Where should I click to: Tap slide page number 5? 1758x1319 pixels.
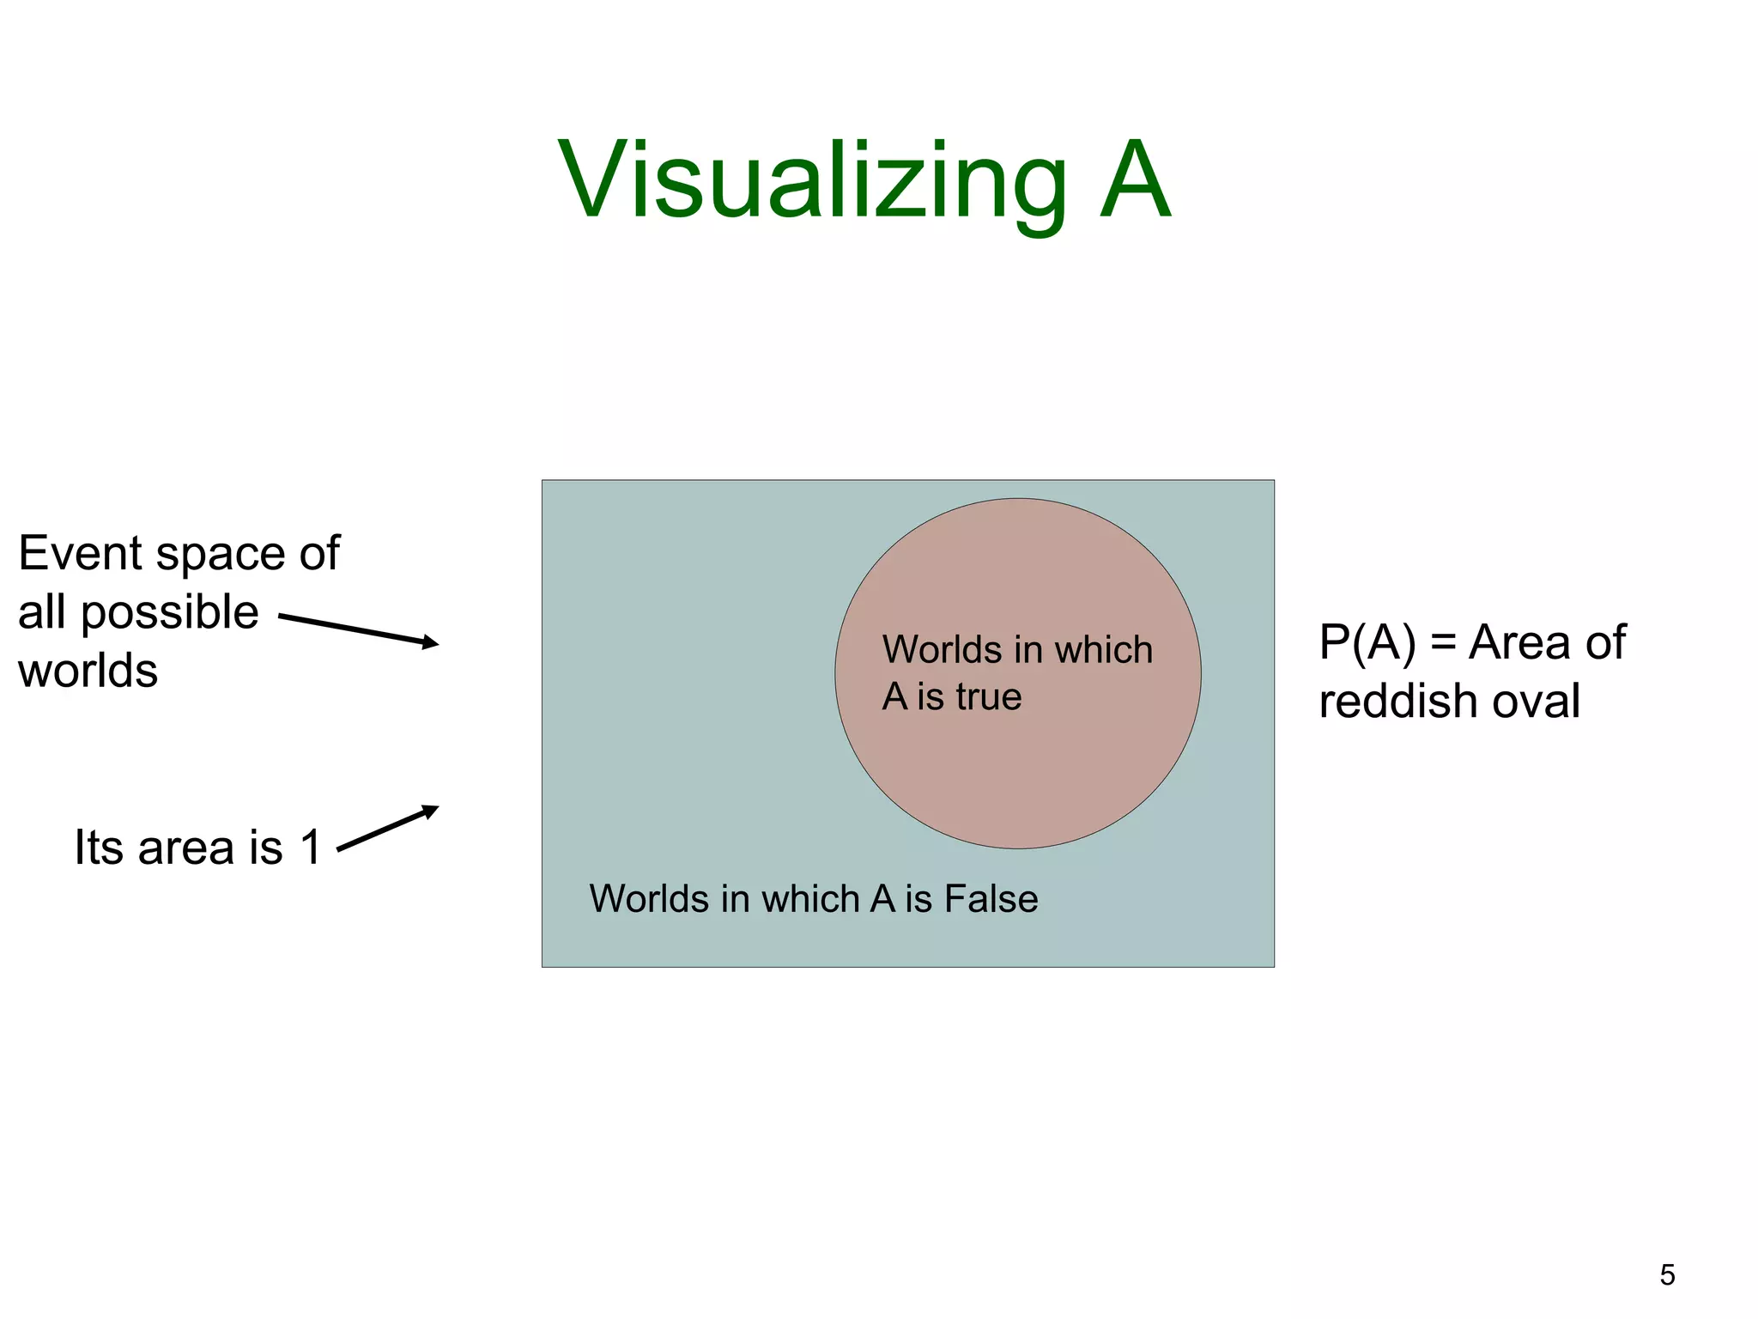tap(1667, 1274)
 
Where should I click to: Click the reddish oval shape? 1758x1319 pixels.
tap(1017, 773)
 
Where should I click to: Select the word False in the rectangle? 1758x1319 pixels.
tap(991, 899)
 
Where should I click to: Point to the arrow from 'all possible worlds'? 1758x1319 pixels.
tap(358, 630)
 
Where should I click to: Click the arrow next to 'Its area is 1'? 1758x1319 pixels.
tap(387, 828)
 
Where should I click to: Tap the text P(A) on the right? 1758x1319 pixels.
tap(1367, 642)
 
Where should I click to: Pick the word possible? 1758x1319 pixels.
tap(169, 613)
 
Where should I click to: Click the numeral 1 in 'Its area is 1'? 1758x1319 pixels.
tap(310, 848)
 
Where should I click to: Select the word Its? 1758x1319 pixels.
tap(99, 848)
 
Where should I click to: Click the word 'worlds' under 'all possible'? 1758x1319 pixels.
tap(88, 671)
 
